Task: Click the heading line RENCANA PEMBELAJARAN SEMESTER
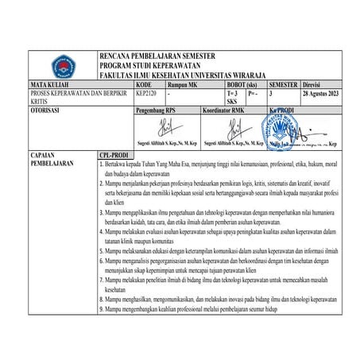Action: pos(156,56)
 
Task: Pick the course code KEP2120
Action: pos(147,92)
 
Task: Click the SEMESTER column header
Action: pos(284,83)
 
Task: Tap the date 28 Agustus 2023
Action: pos(323,92)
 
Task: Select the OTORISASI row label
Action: pos(47,110)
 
